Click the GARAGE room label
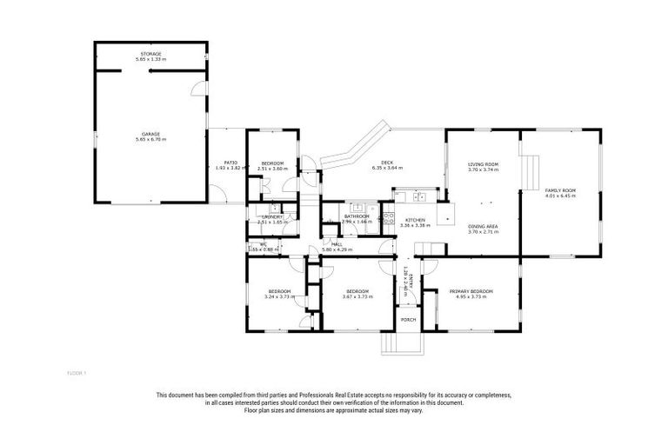click(150, 135)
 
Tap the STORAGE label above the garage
click(152, 55)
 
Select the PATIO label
click(230, 162)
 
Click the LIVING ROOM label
click(483, 164)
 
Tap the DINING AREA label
click(483, 228)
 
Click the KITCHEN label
click(416, 221)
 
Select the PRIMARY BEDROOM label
click(471, 290)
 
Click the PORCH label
click(408, 320)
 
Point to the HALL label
click(336, 245)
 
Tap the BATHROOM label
click(357, 216)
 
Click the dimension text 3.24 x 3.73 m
click(280, 296)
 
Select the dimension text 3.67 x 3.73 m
click(357, 296)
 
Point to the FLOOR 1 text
click(77, 373)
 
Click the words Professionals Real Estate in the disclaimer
click(324, 396)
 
